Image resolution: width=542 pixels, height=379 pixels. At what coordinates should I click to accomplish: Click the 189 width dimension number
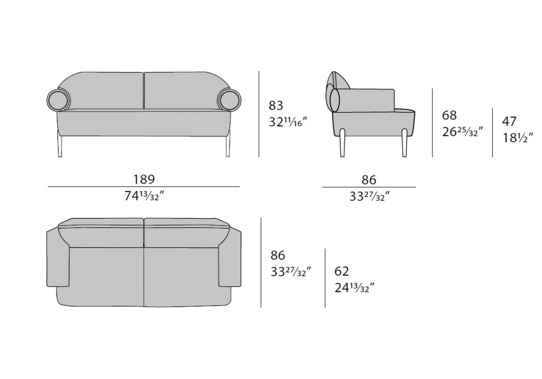144,179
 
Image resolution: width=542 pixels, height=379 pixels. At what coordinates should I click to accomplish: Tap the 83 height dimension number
276,105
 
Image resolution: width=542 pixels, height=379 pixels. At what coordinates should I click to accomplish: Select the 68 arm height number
449,115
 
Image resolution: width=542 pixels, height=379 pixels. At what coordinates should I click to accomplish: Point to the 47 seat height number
509,121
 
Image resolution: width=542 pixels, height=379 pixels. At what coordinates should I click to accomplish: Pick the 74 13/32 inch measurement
144,196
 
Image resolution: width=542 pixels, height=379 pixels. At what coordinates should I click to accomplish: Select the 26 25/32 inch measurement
462,132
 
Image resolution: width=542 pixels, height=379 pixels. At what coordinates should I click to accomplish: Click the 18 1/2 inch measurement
518,138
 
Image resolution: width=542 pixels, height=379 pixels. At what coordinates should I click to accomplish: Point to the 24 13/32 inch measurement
354,287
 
